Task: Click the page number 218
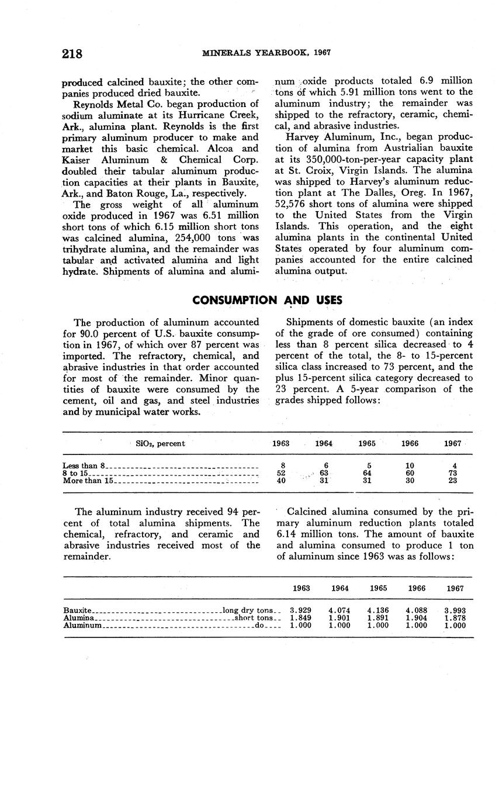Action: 72,54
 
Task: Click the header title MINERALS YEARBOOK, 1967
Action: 266,53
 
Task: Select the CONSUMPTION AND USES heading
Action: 267,301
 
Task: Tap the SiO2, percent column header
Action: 160,444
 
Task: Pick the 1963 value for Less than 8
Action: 283,466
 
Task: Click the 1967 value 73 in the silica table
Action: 453,473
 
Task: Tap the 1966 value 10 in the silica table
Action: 410,466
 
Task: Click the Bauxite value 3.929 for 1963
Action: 301,611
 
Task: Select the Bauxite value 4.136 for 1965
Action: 378,611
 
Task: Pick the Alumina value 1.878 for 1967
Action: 455,618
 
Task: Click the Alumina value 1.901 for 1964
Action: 339,618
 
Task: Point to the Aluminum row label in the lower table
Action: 83,625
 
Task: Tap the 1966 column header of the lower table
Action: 417,588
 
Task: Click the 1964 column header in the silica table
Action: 324,444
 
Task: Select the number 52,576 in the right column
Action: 292,204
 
